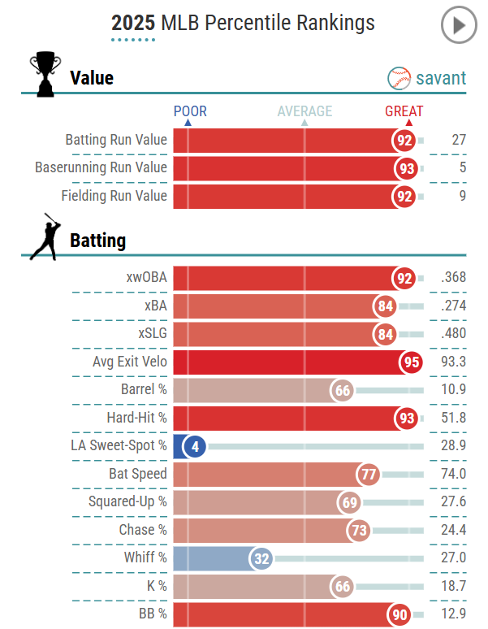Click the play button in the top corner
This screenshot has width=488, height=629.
coord(459,25)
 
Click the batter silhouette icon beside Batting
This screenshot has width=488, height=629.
coord(44,236)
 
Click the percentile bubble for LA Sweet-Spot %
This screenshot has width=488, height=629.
coord(193,446)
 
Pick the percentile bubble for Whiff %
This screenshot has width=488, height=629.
coord(261,558)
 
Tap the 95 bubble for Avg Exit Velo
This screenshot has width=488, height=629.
coord(411,362)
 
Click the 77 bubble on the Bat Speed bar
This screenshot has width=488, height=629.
coord(369,474)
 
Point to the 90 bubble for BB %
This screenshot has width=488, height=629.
coord(399,614)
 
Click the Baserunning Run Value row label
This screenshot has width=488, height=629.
coord(101,167)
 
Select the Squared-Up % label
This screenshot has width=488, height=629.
coord(127,501)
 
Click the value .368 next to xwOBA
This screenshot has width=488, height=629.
coord(451,277)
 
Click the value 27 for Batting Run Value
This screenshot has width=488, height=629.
coord(459,140)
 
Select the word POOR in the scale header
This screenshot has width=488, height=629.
coord(190,111)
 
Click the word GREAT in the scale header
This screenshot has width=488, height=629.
coord(404,111)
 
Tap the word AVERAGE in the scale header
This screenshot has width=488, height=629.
coord(304,111)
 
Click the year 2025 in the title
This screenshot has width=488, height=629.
coord(133,23)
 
